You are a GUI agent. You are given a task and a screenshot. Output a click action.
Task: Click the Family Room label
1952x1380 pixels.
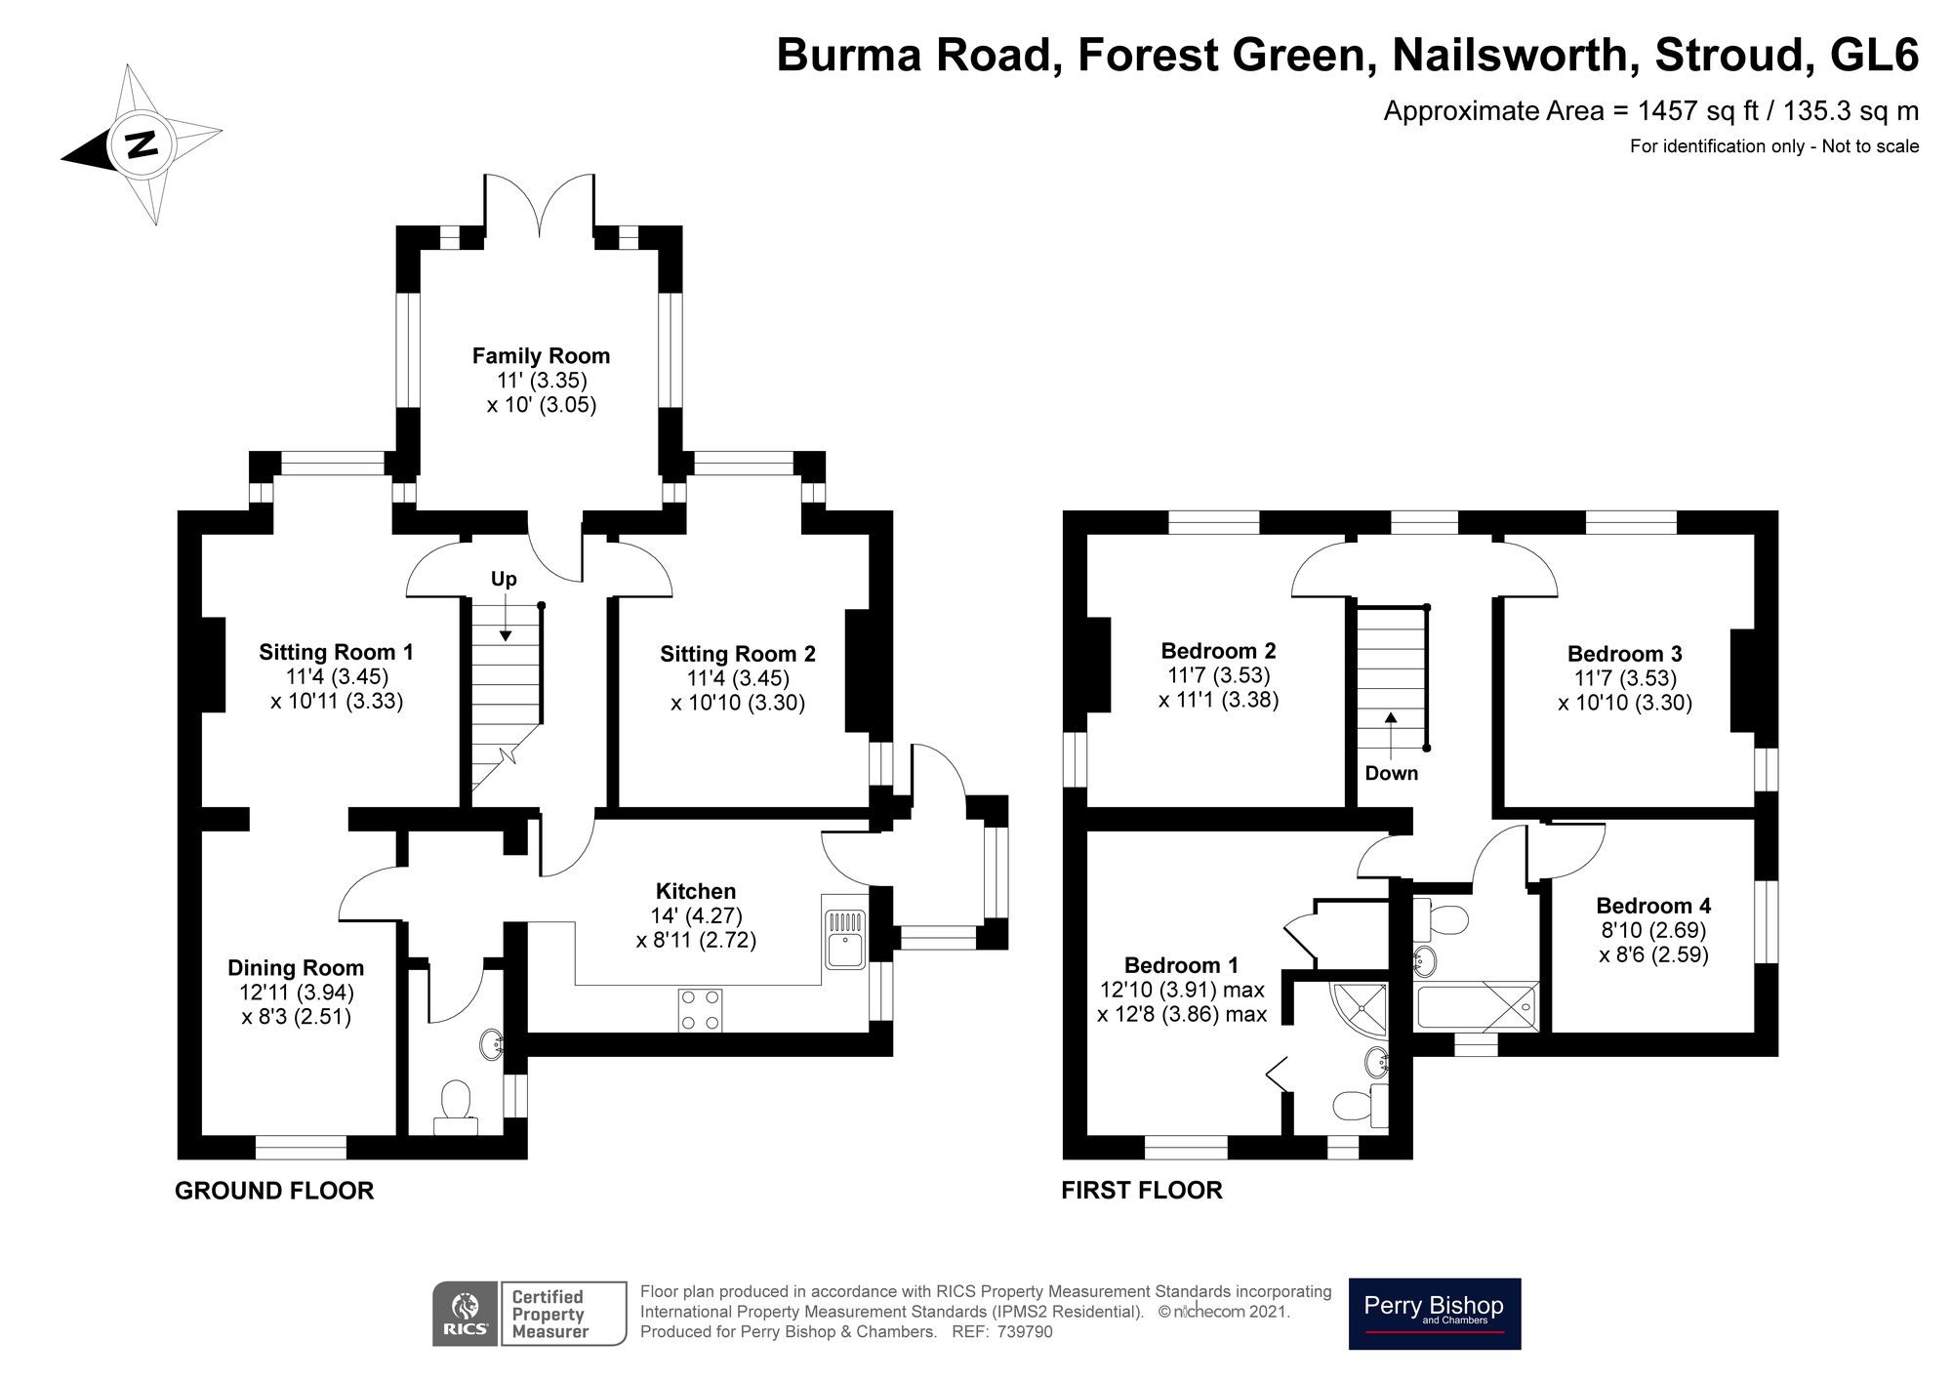(x=541, y=356)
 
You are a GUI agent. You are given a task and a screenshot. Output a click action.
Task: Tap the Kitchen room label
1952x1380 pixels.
(x=695, y=891)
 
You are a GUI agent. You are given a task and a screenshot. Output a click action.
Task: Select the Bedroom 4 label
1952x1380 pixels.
(x=1653, y=906)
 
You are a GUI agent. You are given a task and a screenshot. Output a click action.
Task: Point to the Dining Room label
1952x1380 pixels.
(x=296, y=968)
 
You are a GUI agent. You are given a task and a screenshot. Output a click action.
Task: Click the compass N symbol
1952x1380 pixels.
(x=142, y=145)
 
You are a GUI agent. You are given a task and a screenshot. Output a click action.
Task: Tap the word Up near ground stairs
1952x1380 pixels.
(x=504, y=580)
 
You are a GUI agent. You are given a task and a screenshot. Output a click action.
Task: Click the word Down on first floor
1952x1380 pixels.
(x=1391, y=774)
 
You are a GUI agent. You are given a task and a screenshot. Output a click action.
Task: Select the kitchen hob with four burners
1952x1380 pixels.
(x=700, y=1010)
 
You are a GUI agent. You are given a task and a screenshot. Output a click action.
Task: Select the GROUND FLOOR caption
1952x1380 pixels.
(x=274, y=1191)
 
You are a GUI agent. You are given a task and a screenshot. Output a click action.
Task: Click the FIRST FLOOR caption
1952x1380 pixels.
(x=1142, y=1191)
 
